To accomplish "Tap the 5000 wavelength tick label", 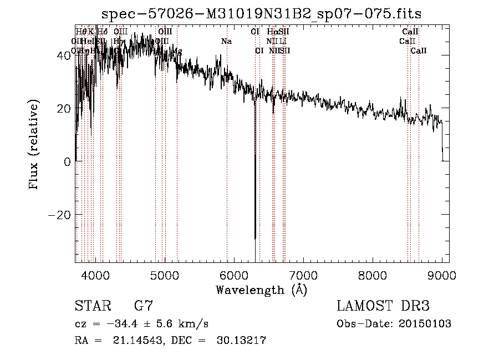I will (x=165, y=276).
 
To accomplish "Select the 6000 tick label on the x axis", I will (x=234, y=276).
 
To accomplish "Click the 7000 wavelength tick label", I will (x=303, y=276).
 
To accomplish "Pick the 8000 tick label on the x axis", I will (x=373, y=276).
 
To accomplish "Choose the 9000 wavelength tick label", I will (x=441, y=276).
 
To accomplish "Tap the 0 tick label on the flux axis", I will (x=67, y=162).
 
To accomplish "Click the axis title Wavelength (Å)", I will (x=261, y=290).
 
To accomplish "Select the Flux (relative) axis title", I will (x=34, y=145).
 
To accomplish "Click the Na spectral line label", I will (x=226, y=42).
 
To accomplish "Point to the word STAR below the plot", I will (x=92, y=306).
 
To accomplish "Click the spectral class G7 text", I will (x=143, y=306).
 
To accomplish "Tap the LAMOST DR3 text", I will (x=383, y=306).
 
